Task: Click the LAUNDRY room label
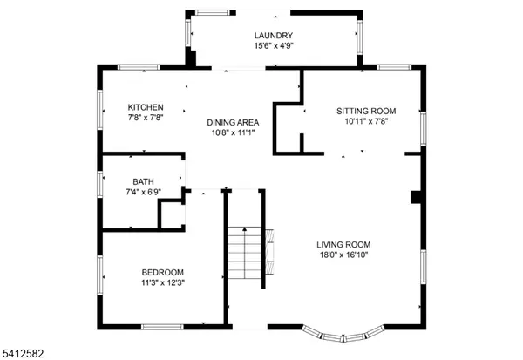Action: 274,35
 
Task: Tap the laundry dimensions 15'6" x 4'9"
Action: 274,45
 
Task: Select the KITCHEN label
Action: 146,107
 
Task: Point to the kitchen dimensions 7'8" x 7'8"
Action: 146,118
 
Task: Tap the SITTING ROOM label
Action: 366,111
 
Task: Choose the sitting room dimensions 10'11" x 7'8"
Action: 366,121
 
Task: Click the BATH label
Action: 142,181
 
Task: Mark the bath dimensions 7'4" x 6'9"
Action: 142,191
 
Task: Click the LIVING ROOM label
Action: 343,245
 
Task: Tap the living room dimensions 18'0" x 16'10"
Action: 343,255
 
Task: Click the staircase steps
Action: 245,253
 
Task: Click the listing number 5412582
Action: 23,353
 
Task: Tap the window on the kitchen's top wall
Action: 138,67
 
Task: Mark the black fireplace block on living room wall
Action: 416,198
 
